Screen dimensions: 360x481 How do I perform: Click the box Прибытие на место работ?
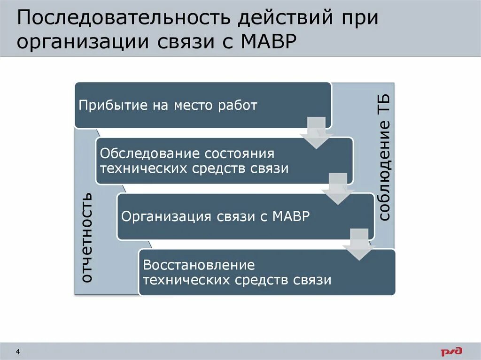[203, 105]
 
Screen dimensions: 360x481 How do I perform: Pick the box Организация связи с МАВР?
[245, 216]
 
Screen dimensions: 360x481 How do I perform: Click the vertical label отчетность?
[86, 237]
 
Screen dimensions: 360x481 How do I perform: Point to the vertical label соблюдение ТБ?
[384, 157]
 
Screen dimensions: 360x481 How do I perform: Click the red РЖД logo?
[451, 351]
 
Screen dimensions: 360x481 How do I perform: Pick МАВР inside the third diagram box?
[291, 216]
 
